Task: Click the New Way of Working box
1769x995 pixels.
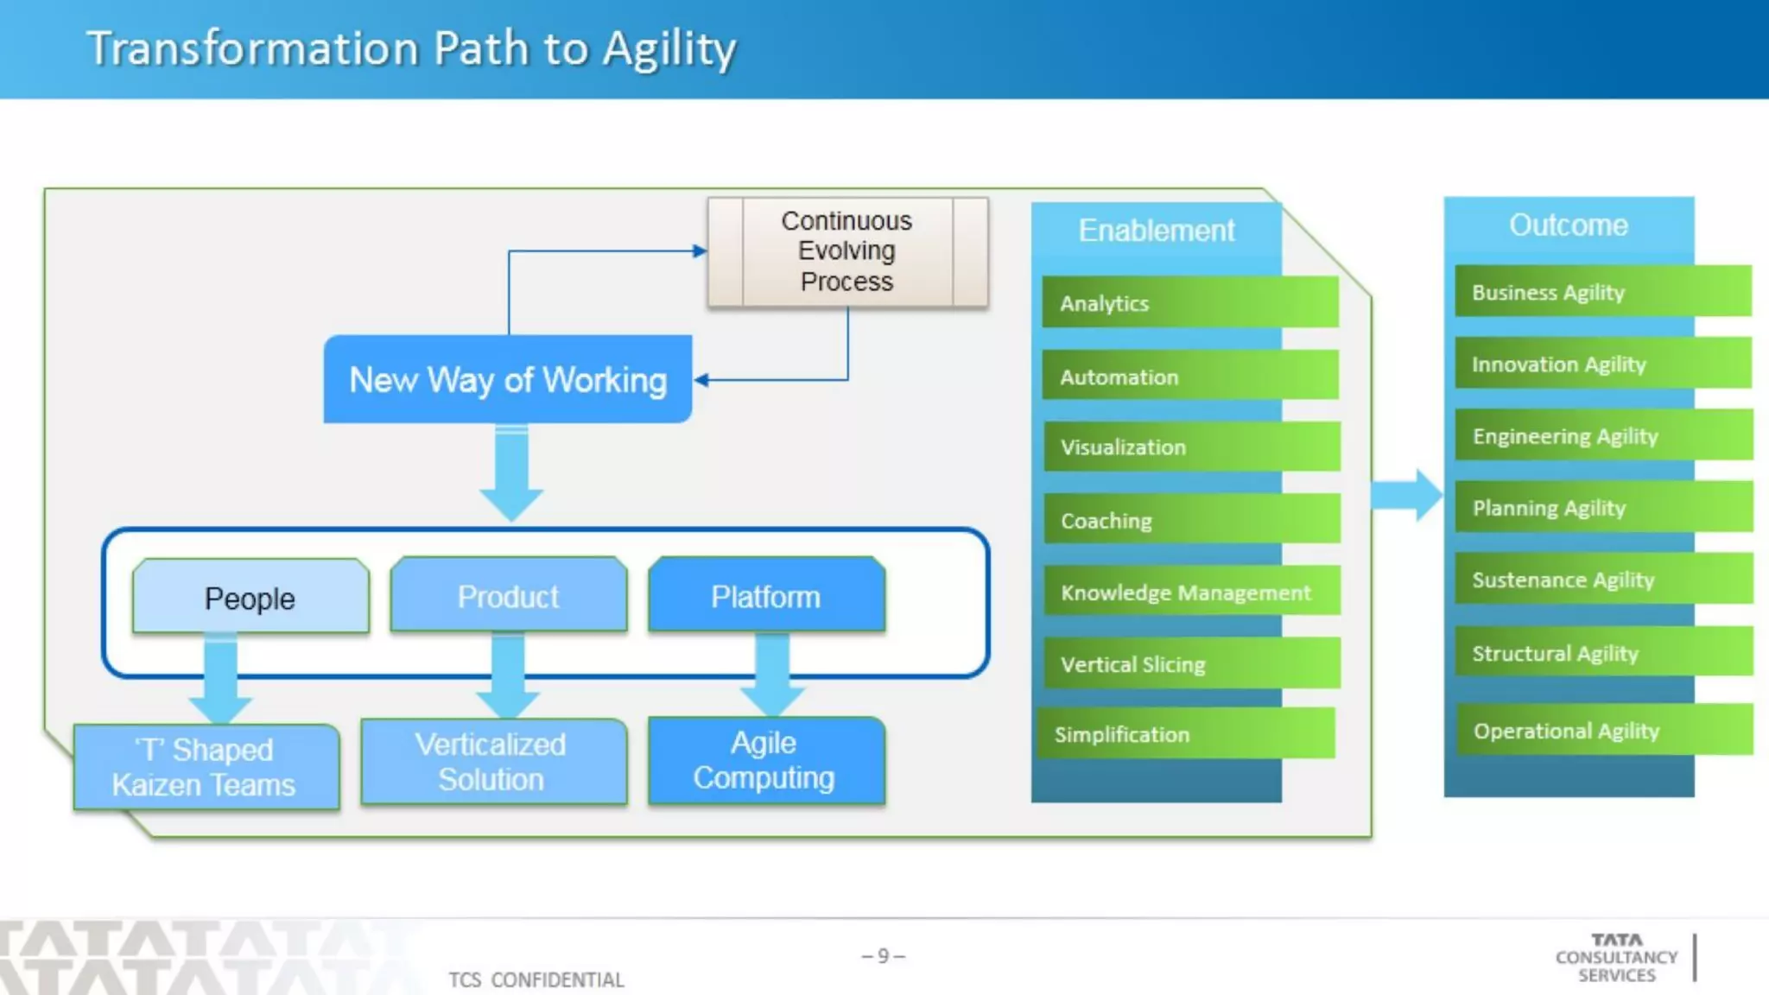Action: [508, 379]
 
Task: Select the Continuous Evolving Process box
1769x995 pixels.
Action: [847, 251]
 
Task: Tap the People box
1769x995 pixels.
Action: [250, 598]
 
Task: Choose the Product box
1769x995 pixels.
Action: [508, 596]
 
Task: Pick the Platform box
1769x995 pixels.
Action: [766, 596]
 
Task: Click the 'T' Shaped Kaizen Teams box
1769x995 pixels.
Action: [206, 767]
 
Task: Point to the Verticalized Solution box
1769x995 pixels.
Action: [492, 762]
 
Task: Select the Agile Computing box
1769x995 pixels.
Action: [766, 760]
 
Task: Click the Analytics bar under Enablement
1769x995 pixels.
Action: [1189, 302]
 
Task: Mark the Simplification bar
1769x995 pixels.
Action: [1186, 733]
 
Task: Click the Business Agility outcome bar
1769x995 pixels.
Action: [1602, 292]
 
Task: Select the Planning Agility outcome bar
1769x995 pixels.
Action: [1603, 507]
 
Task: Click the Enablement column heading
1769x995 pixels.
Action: [1156, 231]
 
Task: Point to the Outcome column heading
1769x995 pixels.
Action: [1568, 225]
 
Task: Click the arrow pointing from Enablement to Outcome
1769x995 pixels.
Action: [1406, 495]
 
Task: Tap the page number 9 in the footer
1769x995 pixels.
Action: [883, 955]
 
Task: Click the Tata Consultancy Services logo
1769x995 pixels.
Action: [1616, 957]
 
